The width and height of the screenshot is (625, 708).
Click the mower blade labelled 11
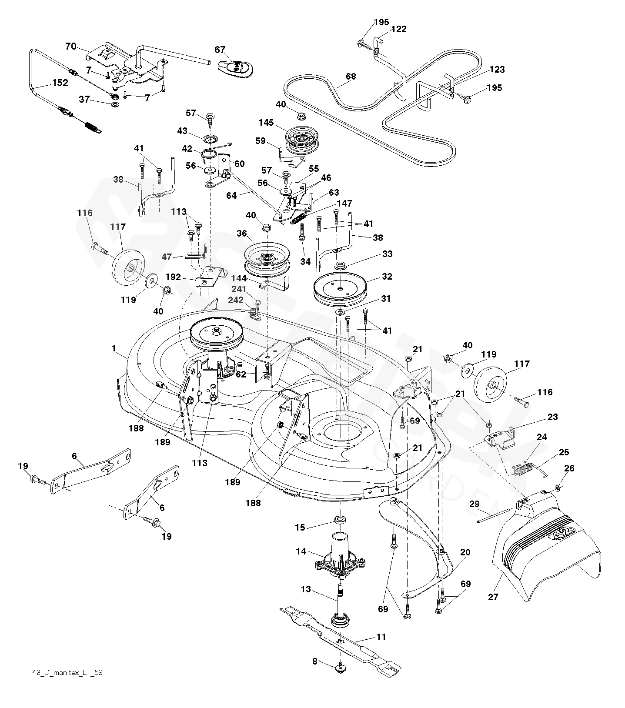coord(339,639)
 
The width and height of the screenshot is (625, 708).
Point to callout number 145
coord(266,123)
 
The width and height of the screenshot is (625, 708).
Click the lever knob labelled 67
coord(235,68)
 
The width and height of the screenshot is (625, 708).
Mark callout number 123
coord(497,70)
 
